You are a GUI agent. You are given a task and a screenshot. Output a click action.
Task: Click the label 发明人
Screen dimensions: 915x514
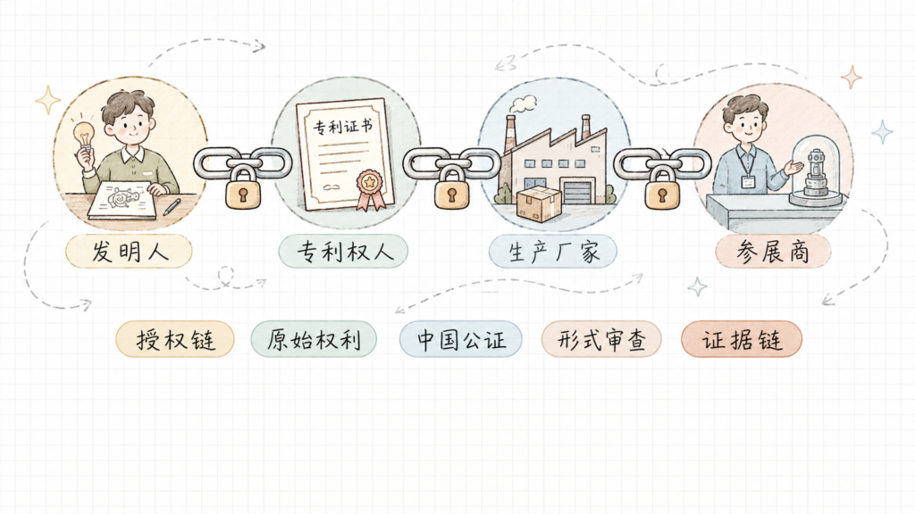(x=129, y=252)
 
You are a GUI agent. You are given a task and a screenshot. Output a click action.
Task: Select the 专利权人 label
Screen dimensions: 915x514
(x=343, y=252)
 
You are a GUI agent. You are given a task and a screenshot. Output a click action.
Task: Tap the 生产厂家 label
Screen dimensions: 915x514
(x=553, y=252)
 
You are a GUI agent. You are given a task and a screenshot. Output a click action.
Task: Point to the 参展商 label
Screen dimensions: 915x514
(x=773, y=252)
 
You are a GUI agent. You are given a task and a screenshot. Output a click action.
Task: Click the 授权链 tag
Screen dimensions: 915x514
(x=175, y=339)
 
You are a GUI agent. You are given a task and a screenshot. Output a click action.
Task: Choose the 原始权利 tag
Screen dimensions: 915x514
(x=314, y=339)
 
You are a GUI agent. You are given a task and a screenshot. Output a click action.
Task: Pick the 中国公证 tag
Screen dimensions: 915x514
(x=461, y=339)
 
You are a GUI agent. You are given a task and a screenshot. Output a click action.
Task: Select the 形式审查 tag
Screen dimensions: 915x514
(x=601, y=339)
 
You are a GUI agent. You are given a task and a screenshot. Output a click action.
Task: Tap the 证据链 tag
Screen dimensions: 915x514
(x=742, y=339)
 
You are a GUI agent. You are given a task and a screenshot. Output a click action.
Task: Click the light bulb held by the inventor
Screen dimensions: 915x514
(x=85, y=137)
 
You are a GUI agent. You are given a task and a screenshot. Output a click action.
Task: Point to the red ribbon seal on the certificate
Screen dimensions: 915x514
(x=370, y=189)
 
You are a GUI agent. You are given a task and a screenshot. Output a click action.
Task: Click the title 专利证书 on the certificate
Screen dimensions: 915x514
(x=342, y=126)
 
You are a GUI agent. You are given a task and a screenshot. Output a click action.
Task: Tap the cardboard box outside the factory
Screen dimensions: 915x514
(x=539, y=204)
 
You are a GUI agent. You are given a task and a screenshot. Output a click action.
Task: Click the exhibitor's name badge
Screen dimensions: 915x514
(x=749, y=181)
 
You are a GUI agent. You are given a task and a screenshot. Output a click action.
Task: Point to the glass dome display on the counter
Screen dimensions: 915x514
(x=817, y=170)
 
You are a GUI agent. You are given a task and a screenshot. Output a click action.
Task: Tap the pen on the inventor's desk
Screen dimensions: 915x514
(x=172, y=207)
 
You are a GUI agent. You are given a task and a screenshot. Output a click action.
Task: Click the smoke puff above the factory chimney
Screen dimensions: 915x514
(x=523, y=104)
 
